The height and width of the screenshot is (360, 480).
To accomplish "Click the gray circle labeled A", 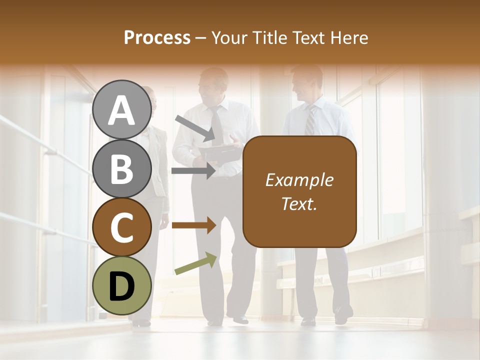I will tap(121, 109).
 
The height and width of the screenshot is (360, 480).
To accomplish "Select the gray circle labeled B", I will tap(121, 168).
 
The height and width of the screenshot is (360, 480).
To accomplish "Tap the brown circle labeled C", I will tap(121, 227).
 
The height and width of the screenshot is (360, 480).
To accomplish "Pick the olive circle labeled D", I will tap(121, 285).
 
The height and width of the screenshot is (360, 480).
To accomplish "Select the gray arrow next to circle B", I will tap(193, 171).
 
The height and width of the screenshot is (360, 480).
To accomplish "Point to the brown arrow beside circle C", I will tap(193, 225).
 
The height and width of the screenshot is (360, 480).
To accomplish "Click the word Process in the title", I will tap(157, 37).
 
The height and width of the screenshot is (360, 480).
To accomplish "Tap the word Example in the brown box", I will tap(299, 180).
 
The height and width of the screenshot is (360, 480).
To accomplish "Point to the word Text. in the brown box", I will tap(299, 203).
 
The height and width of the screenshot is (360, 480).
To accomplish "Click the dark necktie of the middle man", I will tap(217, 125).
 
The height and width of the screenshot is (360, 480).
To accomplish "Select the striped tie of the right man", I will tap(310, 120).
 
